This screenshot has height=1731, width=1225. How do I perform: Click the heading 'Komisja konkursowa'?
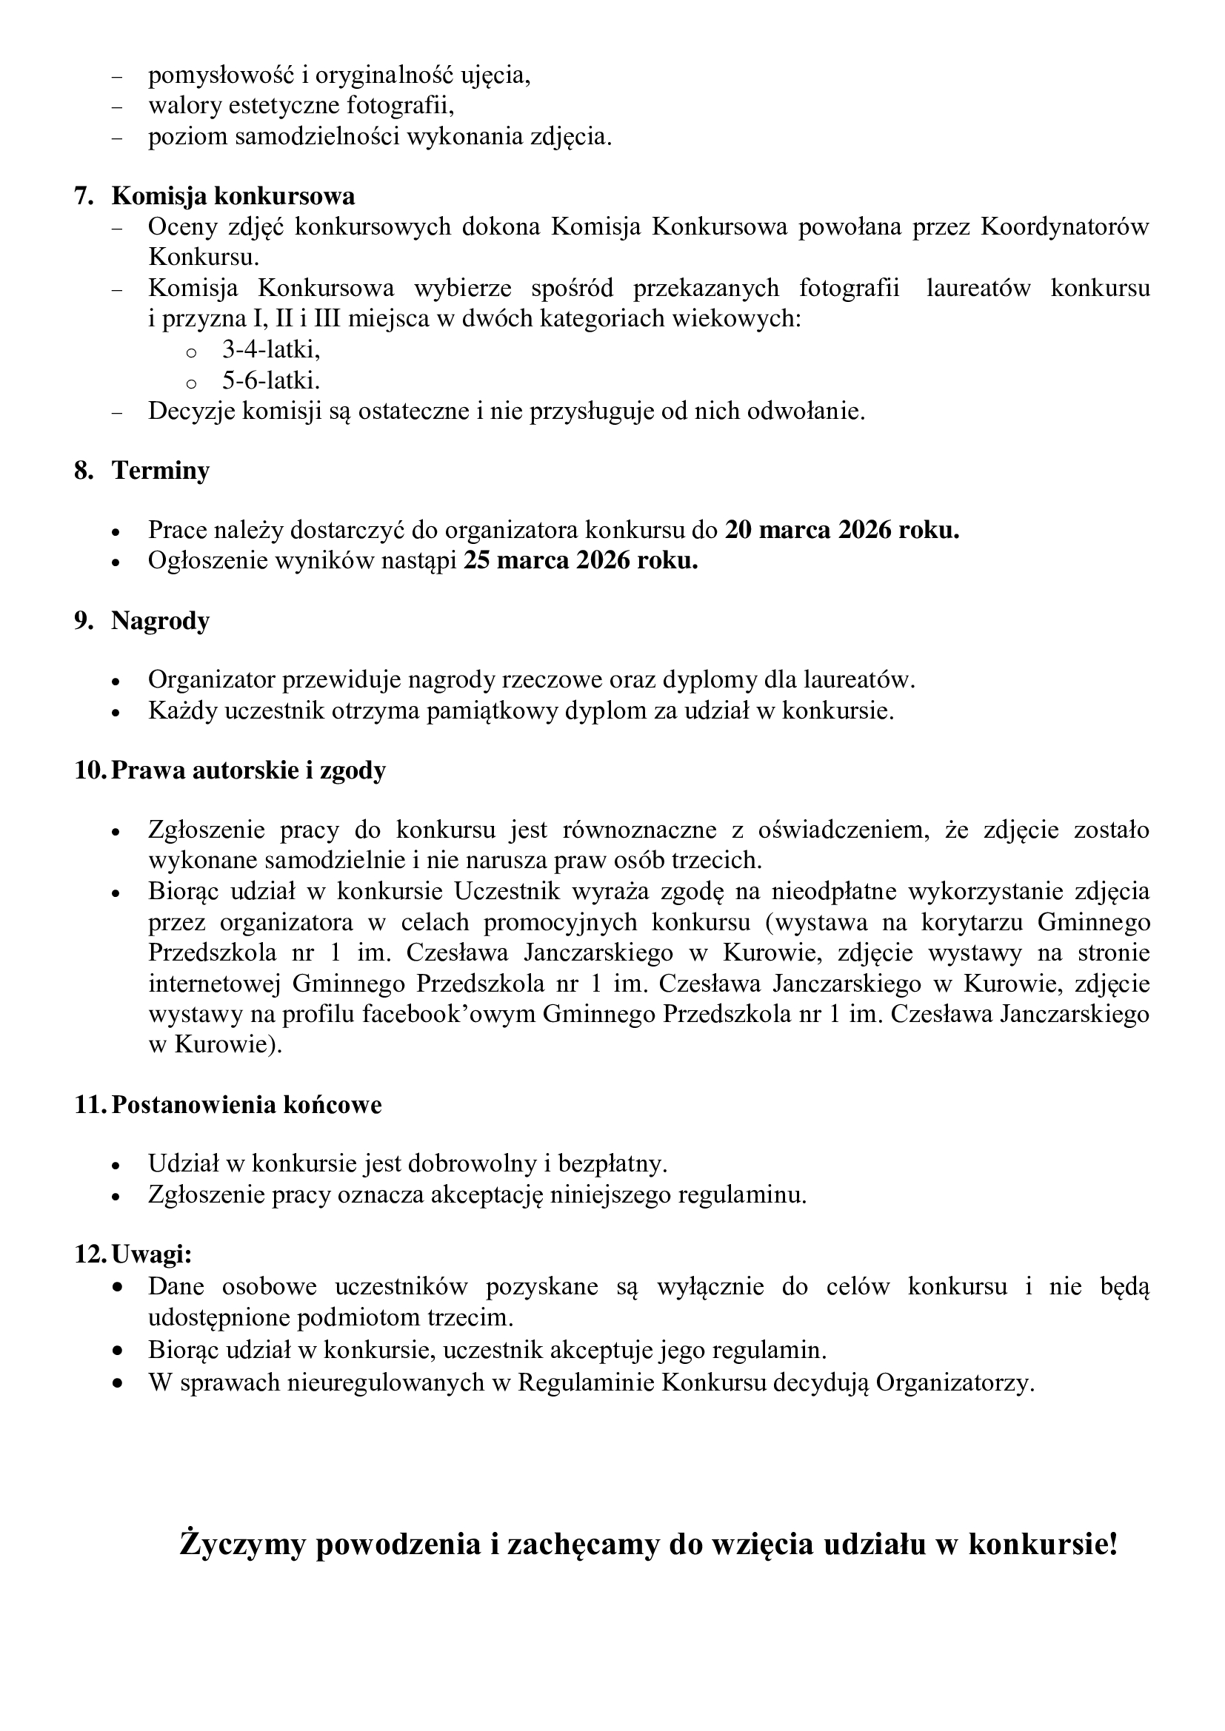tap(233, 196)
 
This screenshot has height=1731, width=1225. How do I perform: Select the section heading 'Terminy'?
tap(161, 471)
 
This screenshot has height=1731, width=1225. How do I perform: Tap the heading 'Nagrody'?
tap(161, 620)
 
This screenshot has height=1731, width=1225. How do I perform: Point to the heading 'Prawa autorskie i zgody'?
tap(248, 770)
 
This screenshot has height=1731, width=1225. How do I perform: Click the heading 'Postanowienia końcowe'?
tap(247, 1104)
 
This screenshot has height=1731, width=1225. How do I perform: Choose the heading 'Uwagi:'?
tap(152, 1254)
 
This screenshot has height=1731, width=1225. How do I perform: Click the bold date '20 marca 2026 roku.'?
tap(842, 530)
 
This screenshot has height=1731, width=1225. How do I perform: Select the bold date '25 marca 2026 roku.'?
tap(581, 561)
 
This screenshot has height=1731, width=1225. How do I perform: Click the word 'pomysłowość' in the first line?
tap(221, 75)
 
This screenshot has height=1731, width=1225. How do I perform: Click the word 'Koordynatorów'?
tap(1064, 226)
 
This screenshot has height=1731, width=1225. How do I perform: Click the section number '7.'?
tap(84, 196)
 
